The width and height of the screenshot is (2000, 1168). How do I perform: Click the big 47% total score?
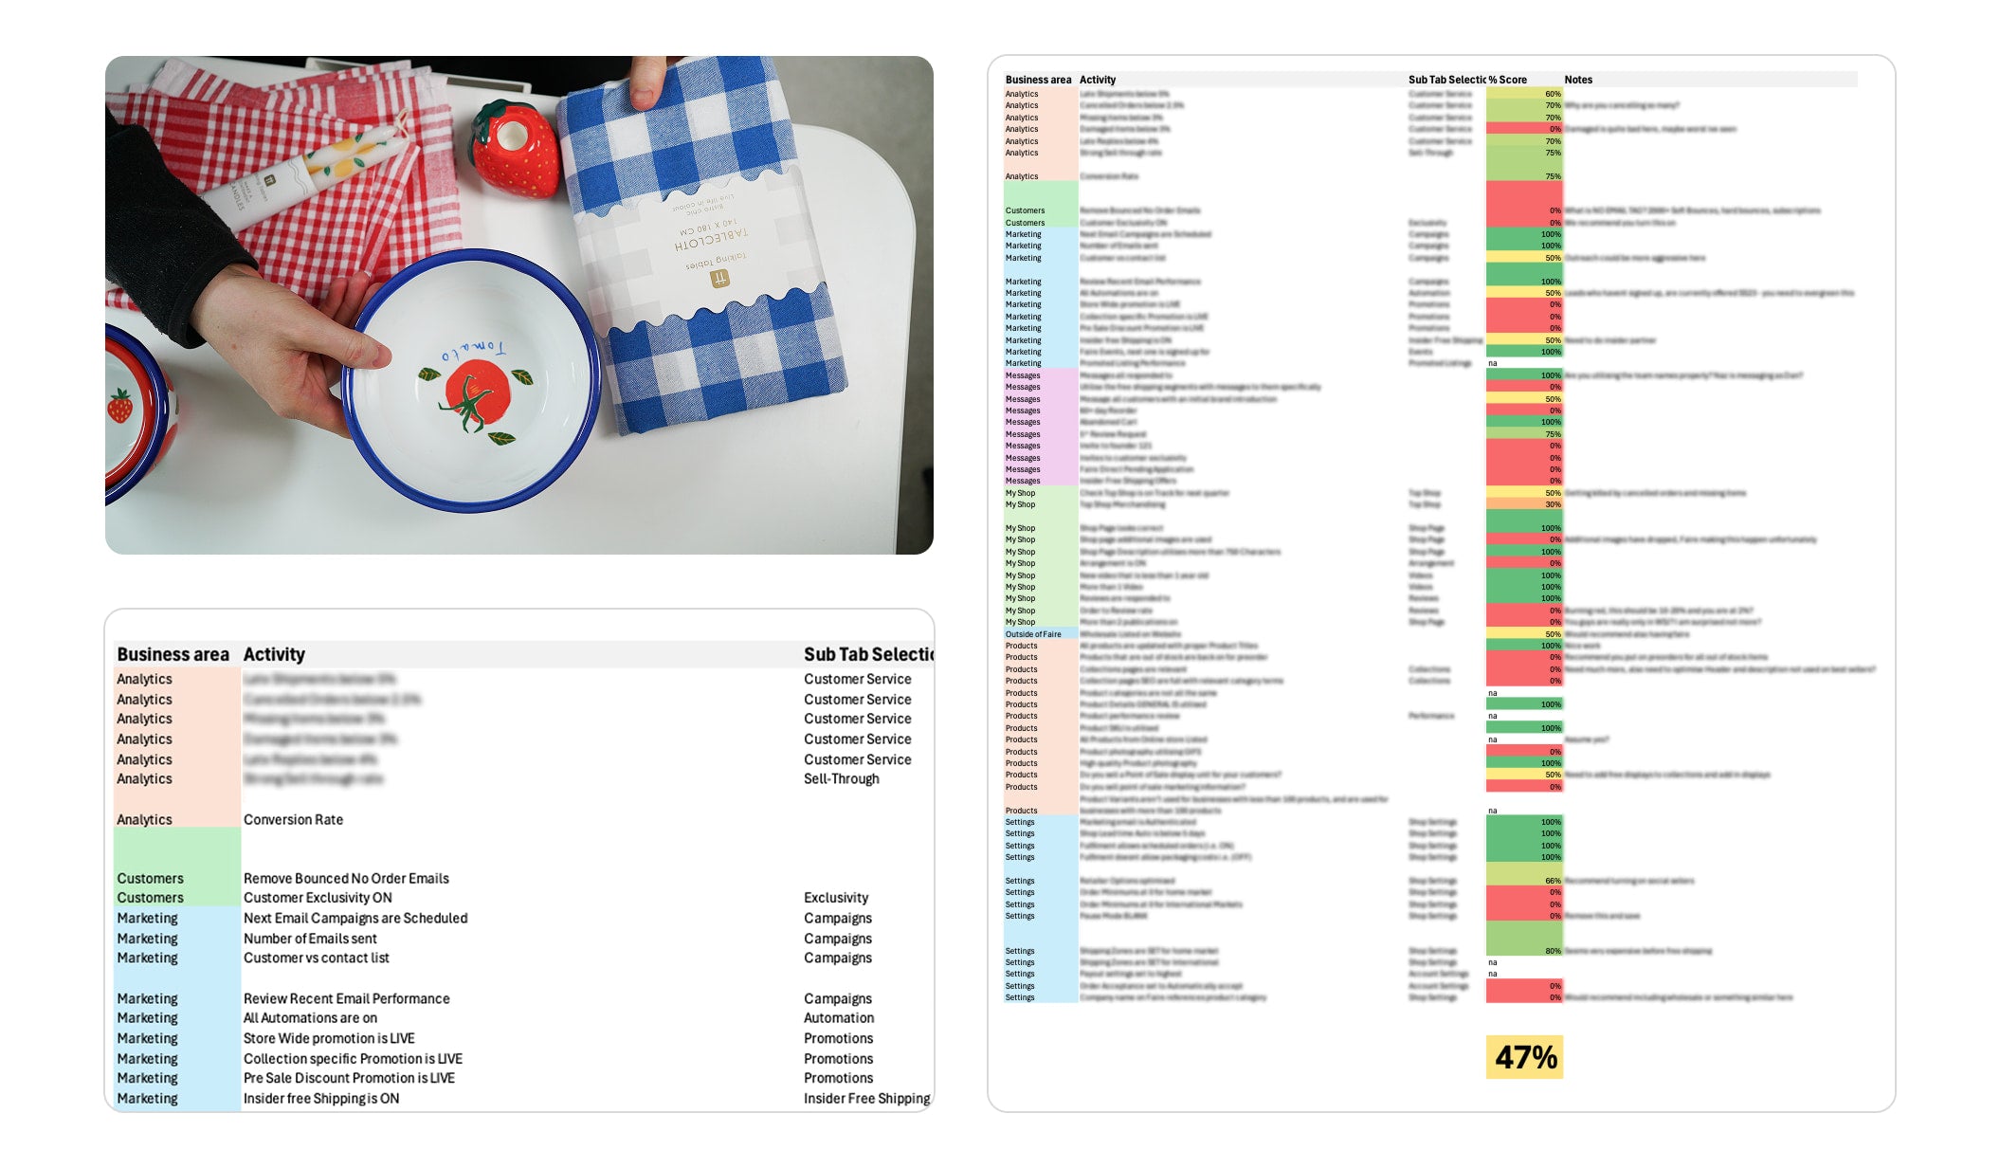tap(1525, 1057)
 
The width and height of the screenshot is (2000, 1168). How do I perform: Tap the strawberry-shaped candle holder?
tap(516, 151)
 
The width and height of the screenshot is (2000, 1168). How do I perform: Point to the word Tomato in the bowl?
tap(473, 352)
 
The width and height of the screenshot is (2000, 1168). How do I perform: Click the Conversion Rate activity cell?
tap(293, 819)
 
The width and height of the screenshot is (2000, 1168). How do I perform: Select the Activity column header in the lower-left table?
tap(274, 654)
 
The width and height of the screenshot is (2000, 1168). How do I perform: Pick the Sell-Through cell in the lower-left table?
tap(841, 778)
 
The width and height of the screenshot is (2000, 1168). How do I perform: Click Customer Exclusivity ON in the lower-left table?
tap(318, 898)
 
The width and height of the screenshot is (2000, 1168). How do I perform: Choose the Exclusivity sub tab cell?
tap(835, 898)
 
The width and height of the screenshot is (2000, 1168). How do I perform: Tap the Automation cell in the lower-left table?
tap(838, 1018)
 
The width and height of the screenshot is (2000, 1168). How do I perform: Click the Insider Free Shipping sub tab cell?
tap(865, 1098)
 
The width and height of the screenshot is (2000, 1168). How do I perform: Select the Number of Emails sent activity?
tap(310, 939)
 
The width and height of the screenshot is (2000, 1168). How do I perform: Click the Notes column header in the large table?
tap(1577, 80)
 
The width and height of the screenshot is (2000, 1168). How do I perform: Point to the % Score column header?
tap(1507, 80)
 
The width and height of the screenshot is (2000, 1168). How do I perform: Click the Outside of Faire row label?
tap(1032, 634)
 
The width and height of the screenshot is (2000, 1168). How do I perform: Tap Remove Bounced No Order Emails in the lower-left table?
tap(346, 878)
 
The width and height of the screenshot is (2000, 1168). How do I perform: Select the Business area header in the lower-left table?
tap(173, 654)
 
